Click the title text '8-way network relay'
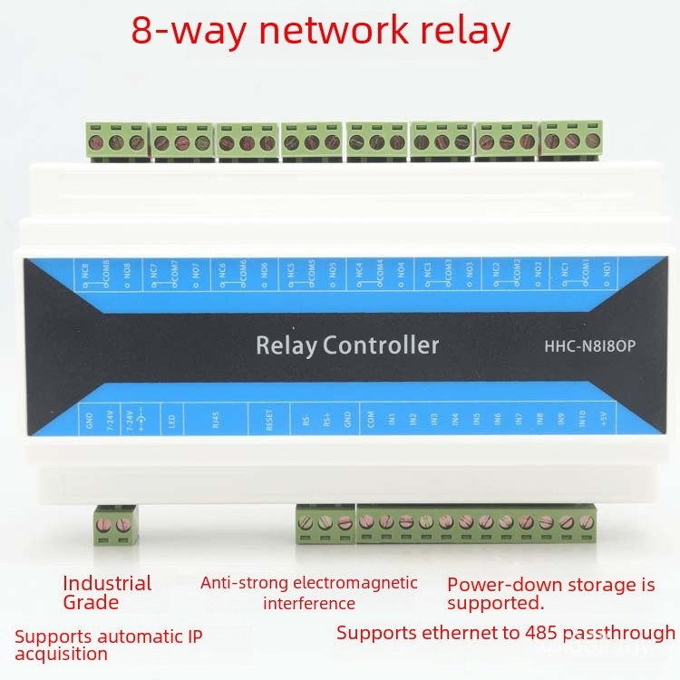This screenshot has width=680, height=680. [321, 30]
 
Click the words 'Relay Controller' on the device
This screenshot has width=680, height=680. [347, 345]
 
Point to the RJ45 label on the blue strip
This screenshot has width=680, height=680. [215, 421]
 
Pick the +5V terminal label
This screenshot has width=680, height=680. [603, 419]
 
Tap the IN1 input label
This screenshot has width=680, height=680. [392, 420]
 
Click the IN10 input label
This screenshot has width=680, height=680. [582, 420]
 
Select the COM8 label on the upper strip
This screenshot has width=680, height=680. [106, 269]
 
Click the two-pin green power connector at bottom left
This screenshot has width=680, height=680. [115, 525]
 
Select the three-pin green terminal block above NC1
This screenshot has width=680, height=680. [571, 141]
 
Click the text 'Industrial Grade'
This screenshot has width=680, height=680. [107, 592]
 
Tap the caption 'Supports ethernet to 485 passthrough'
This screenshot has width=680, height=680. [505, 633]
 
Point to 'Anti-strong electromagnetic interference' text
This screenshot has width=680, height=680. [309, 592]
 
